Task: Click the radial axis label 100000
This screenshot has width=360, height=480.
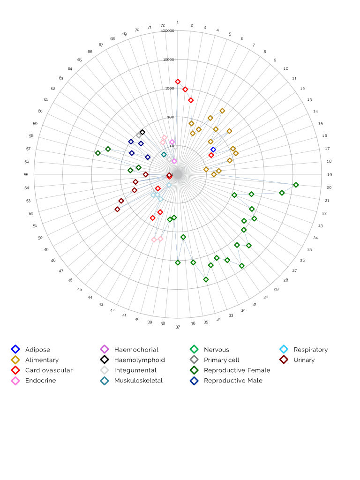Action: point(167,31)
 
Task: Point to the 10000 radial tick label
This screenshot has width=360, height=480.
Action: point(168,60)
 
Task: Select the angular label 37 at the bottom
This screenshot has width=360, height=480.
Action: point(178,327)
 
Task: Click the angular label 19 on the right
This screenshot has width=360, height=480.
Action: point(330,174)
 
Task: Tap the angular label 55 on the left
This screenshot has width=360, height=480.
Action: point(26,174)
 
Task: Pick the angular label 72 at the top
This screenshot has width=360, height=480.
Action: point(163,25)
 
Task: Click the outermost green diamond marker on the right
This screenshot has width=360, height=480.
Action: point(296,185)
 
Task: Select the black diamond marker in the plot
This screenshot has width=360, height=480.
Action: point(142,132)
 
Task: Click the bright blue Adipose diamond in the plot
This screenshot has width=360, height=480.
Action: point(213,150)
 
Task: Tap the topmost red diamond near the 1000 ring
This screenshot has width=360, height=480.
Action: point(178,82)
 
